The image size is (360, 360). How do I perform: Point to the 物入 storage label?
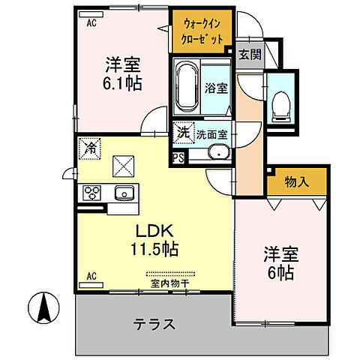pyautogui.click(x=297, y=181)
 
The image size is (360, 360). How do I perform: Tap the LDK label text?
pyautogui.click(x=155, y=230)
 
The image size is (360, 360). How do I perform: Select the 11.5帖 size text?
pyautogui.click(x=155, y=247)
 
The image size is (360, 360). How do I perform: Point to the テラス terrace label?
pyautogui.click(x=155, y=325)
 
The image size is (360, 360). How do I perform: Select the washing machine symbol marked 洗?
pyautogui.click(x=184, y=133)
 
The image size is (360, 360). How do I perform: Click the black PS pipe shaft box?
pyautogui.click(x=178, y=157)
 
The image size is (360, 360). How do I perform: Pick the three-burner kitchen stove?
pyautogui.click(x=92, y=193)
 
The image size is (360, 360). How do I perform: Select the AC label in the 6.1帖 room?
pyautogui.click(x=91, y=23)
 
